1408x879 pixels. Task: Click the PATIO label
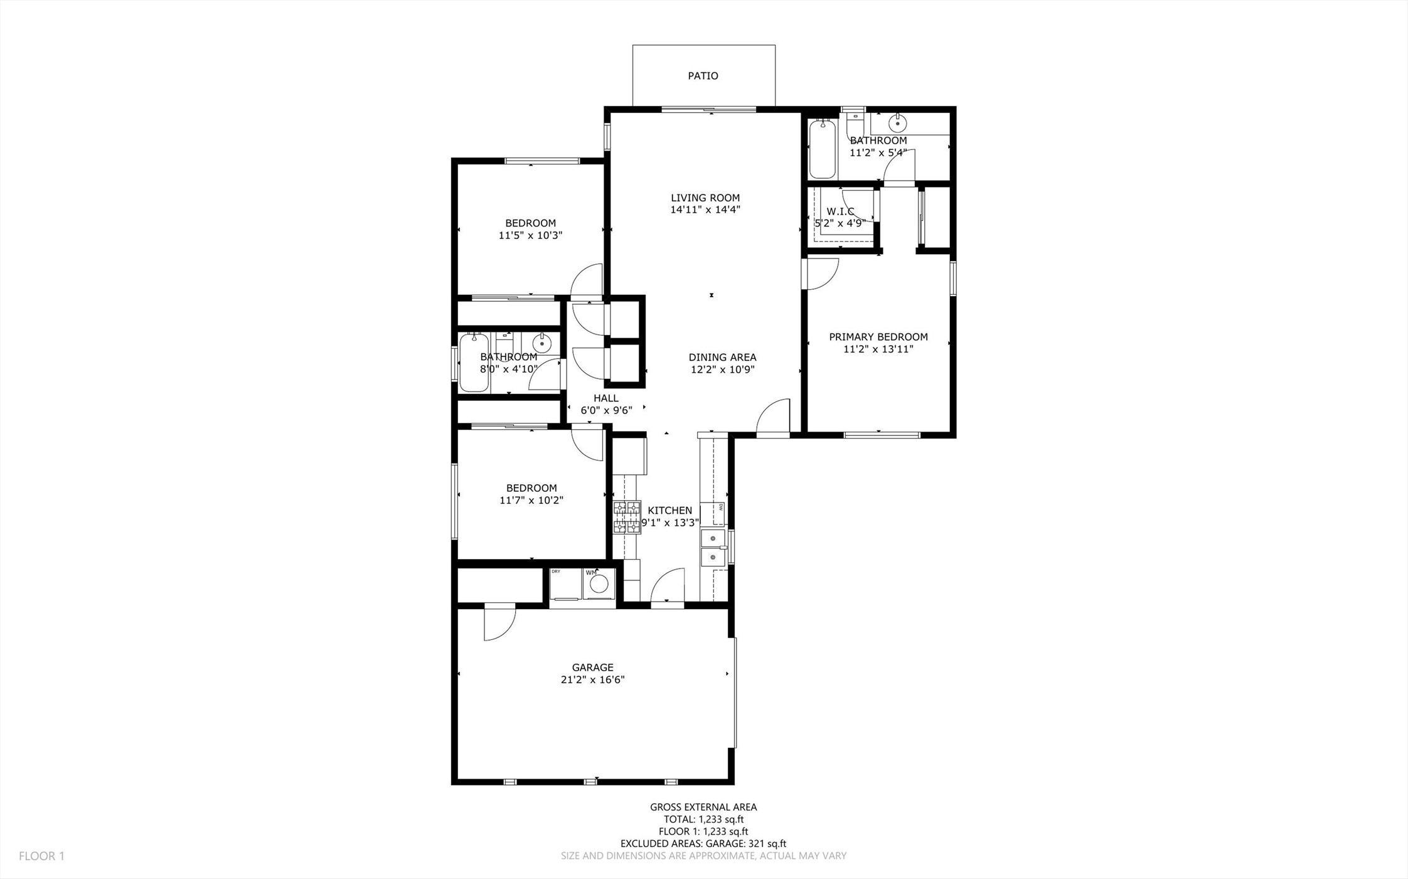[x=703, y=76]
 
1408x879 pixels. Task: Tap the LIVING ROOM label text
[x=705, y=198]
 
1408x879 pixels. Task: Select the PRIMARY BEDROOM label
[x=878, y=337]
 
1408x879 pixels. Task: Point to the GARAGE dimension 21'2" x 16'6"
[x=592, y=679]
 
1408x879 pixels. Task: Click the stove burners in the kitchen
[x=627, y=517]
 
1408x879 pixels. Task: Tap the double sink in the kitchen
[x=713, y=547]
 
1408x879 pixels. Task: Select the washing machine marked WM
[x=599, y=583]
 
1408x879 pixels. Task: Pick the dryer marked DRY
[x=565, y=583]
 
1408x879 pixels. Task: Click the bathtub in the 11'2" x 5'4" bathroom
[x=822, y=149]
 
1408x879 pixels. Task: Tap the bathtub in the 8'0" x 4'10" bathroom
[x=474, y=363]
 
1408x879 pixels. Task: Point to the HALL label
[x=606, y=398]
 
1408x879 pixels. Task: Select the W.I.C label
[x=840, y=211]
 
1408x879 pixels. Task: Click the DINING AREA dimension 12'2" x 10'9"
[x=722, y=370]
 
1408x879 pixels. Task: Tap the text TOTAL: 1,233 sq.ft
[x=703, y=819]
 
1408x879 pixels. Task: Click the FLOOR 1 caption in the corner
[x=41, y=856]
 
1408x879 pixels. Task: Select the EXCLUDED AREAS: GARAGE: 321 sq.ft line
[x=703, y=844]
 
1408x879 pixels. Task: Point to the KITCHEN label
[x=670, y=511]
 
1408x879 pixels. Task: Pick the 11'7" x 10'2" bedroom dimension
[x=531, y=501]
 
